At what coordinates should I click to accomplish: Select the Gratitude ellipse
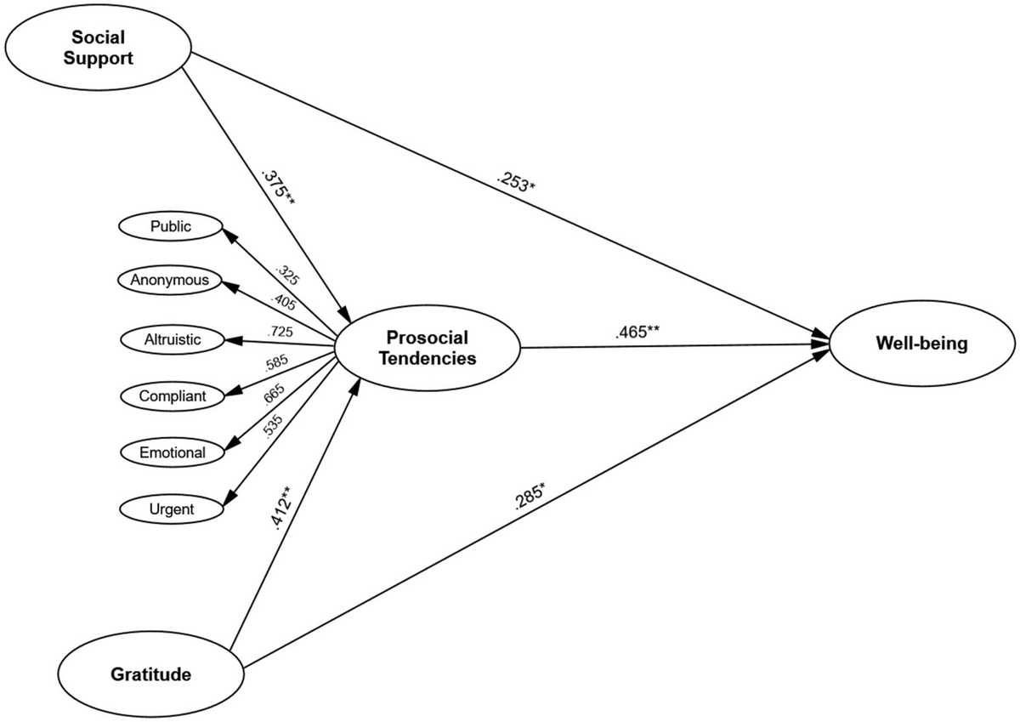point(150,675)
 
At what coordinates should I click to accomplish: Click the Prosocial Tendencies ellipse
point(427,347)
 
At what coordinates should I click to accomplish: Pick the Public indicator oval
point(171,226)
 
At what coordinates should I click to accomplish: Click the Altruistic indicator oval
point(173,339)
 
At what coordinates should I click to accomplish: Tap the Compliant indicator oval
point(173,395)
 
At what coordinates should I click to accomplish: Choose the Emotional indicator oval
point(173,452)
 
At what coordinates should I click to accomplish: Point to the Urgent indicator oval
point(171,509)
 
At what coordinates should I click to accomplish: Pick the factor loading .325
point(287,274)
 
